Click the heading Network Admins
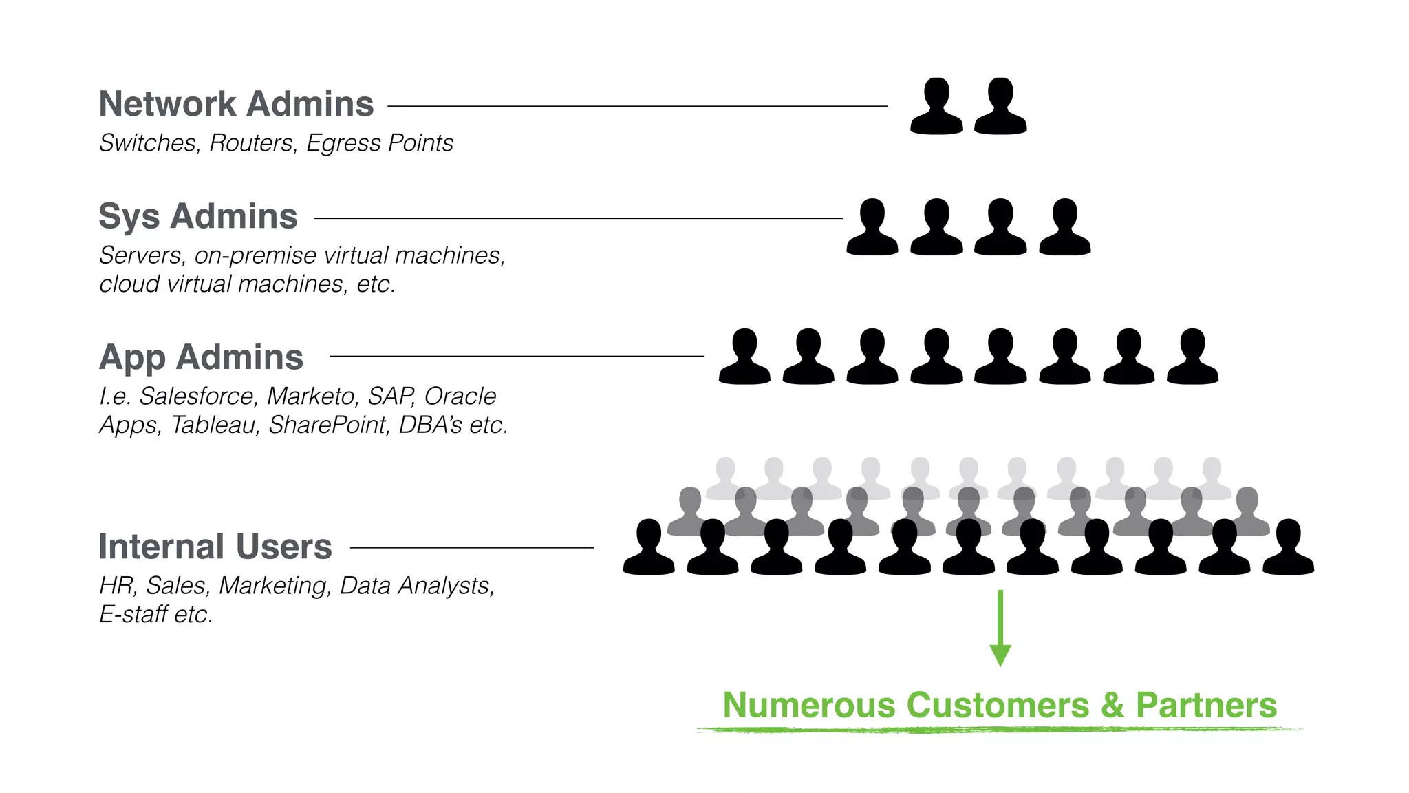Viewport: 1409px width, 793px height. (x=236, y=105)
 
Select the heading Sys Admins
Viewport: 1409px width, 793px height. (x=197, y=217)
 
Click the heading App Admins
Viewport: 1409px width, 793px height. (x=201, y=358)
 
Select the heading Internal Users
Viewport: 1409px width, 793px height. (x=215, y=547)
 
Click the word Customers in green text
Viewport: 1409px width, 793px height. (x=998, y=706)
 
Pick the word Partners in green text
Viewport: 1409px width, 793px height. (x=1206, y=706)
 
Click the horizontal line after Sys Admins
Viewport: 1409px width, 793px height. (x=578, y=218)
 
